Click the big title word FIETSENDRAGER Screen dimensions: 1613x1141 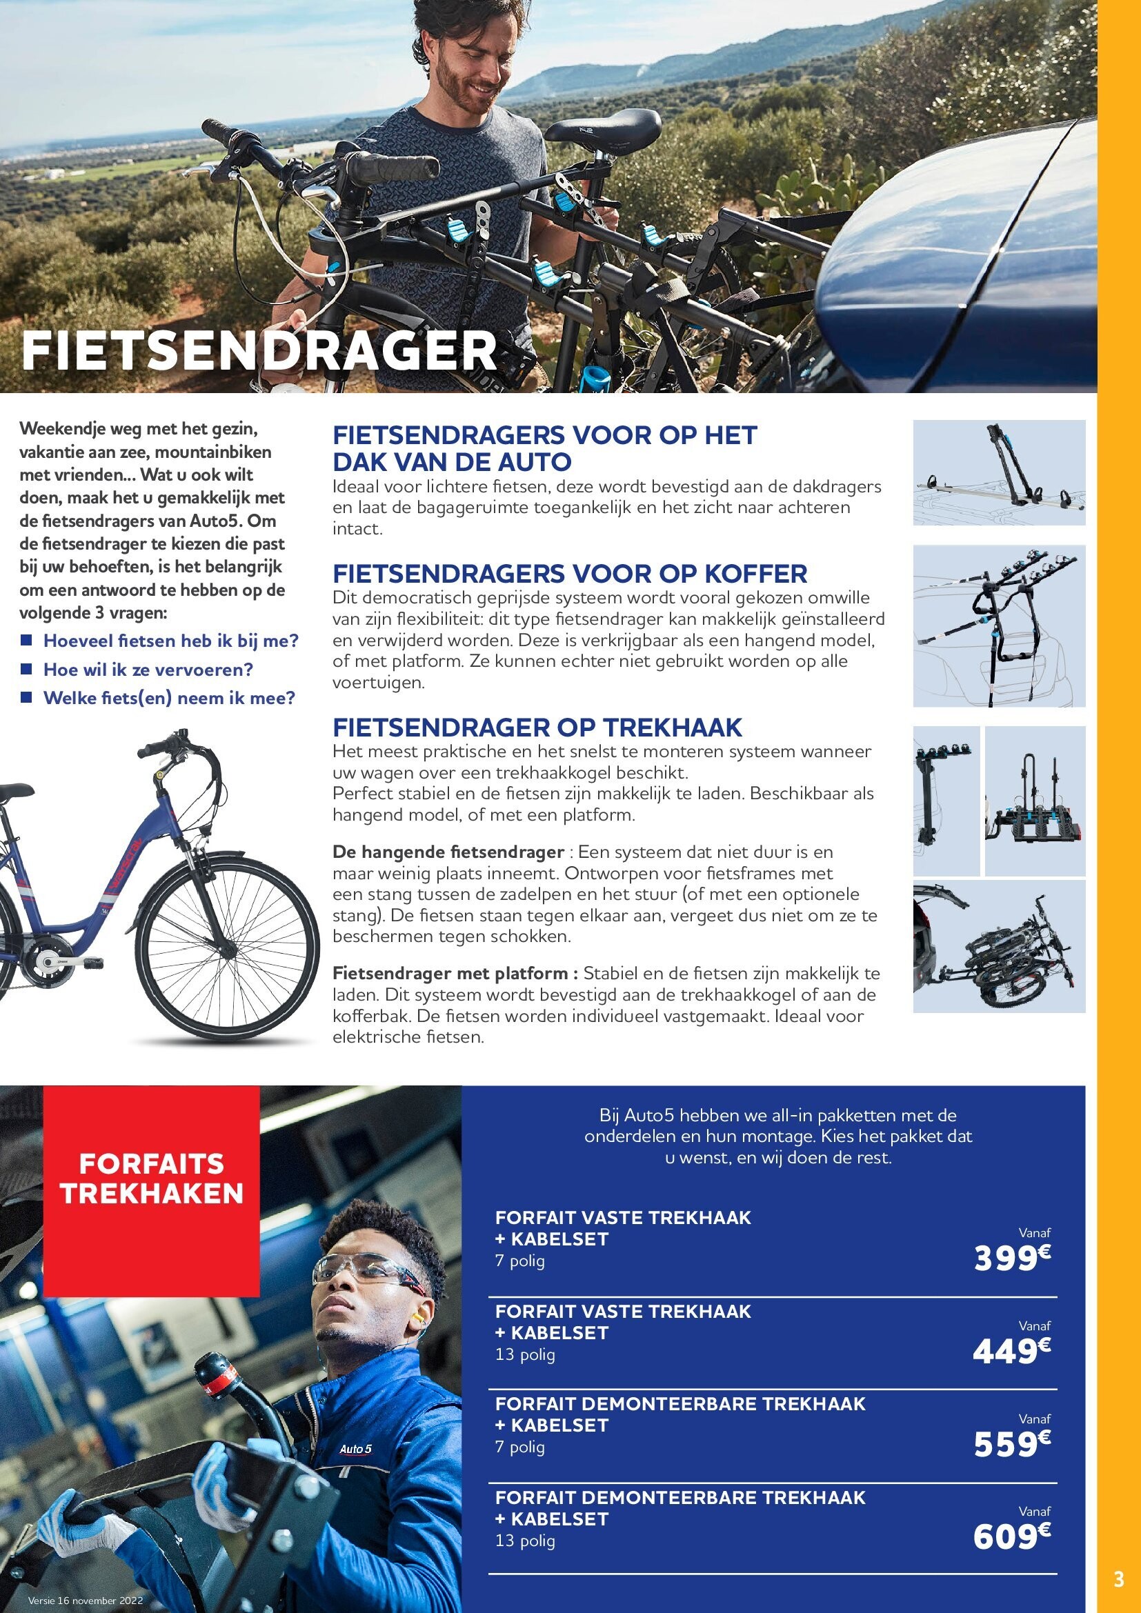(259, 350)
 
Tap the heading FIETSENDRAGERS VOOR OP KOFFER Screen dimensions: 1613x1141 (570, 574)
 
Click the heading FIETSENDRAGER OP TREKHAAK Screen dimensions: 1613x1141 (537, 726)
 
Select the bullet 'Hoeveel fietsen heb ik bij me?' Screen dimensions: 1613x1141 (170, 641)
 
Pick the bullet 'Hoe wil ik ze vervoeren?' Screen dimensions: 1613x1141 (148, 670)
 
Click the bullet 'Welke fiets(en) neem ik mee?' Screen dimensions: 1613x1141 (168, 699)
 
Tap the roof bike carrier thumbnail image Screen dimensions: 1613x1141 (999, 472)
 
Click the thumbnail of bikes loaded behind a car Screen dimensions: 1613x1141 (999, 946)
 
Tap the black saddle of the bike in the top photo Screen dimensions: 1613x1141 (604, 130)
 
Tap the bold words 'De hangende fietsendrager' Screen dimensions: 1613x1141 (448, 852)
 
